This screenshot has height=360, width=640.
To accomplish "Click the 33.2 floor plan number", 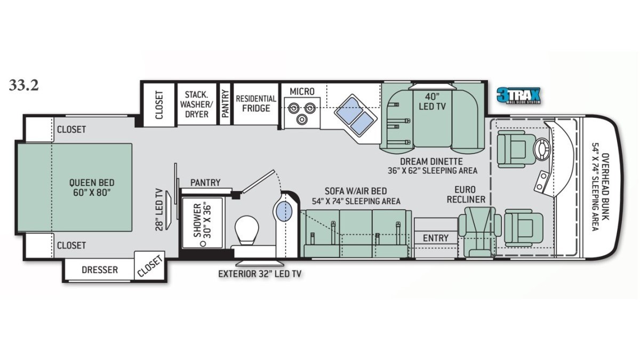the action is point(23,85).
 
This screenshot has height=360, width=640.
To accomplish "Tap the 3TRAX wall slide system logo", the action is point(518,95).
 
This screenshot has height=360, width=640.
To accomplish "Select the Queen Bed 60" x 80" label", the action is point(92,187).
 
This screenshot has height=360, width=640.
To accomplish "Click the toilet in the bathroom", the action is point(246,230).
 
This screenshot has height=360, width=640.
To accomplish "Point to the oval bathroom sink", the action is point(284,211).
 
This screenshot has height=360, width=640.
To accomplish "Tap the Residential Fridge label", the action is point(256,103).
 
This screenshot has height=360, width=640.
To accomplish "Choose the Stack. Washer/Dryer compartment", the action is point(197,104).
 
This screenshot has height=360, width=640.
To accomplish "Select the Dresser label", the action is point(100,270).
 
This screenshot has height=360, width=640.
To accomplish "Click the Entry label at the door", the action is point(435,238).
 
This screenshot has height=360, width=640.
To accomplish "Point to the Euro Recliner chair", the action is point(479,231).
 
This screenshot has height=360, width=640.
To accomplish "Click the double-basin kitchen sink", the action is point(355,115).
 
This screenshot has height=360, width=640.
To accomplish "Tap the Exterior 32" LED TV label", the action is point(260,274).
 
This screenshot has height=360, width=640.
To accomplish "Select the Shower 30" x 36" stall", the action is point(202,222).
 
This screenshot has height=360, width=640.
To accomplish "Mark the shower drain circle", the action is point(203,244).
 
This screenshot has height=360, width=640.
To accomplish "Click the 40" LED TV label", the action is point(432,102).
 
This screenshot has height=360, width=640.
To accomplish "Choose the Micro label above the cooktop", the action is point(302,91).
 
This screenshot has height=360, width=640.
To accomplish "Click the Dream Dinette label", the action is point(431,162).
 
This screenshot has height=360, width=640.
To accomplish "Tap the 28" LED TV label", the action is point(159,210).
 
